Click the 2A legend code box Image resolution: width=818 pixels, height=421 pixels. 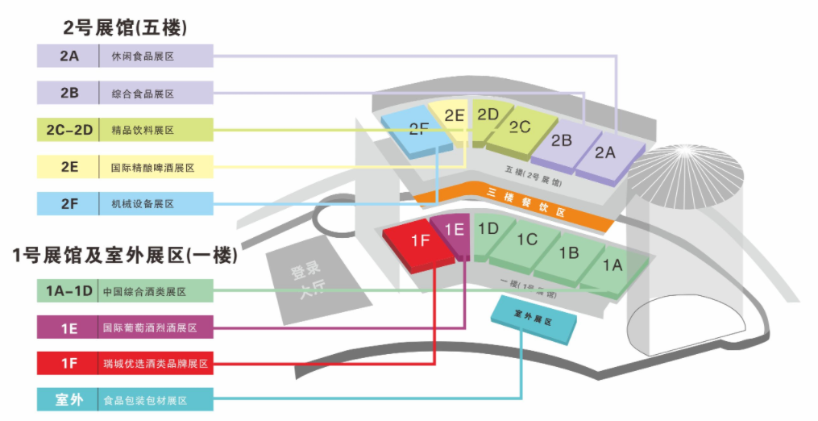pos(69,56)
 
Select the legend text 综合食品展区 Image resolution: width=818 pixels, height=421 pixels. pos(143,94)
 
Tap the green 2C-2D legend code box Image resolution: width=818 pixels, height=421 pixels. pos(69,130)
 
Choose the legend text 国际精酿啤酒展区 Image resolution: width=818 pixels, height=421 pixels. pos(152,167)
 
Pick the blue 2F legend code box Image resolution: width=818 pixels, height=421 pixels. pos(69,203)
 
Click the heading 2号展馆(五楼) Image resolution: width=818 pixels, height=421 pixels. pos(125,27)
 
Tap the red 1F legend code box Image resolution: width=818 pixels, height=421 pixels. pos(69,364)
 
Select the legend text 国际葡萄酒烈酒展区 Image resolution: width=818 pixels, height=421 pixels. pos(150,328)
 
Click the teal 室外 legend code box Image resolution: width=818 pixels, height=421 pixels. pos(69,400)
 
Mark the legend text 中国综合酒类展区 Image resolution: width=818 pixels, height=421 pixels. pos(145,291)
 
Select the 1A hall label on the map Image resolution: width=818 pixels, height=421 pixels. pos(612,265)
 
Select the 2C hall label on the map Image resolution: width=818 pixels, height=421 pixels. pos(520,127)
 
